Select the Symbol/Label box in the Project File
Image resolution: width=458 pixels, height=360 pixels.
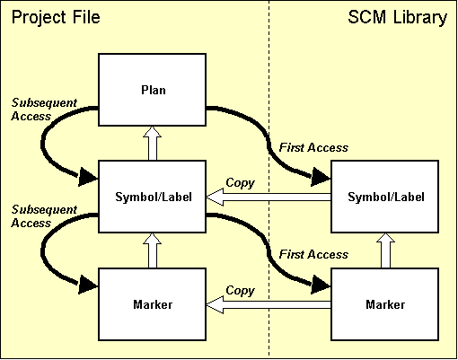pos(152,198)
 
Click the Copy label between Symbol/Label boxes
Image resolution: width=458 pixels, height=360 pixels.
pos(240,183)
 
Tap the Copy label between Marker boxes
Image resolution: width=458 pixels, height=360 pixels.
pos(240,291)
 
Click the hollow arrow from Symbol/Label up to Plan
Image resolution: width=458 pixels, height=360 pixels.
pos(152,144)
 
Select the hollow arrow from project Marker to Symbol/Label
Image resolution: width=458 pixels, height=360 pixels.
pos(152,251)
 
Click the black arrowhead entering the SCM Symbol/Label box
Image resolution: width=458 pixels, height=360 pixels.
pos(320,179)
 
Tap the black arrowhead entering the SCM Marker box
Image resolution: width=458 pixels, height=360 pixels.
pos(320,285)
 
